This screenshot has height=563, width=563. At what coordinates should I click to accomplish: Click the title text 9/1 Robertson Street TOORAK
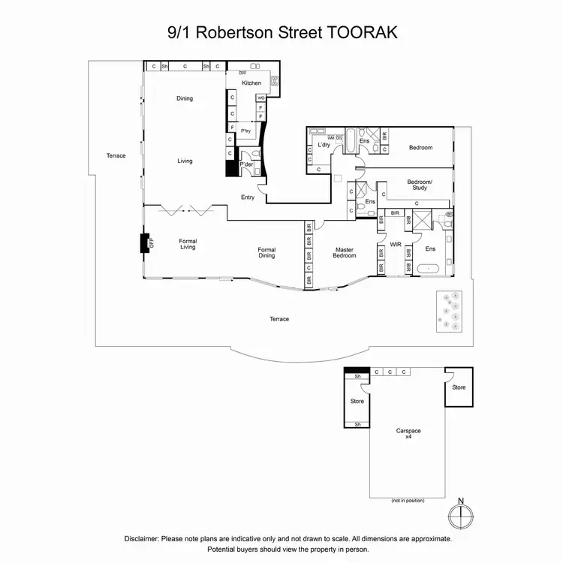pyautogui.click(x=281, y=33)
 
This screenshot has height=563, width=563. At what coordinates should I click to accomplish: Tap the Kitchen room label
pyautogui.click(x=251, y=83)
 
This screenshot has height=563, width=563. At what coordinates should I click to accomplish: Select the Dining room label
pyautogui.click(x=185, y=98)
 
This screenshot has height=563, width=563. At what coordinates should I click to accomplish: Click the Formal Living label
pyautogui.click(x=188, y=244)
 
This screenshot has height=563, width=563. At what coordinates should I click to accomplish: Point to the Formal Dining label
pyautogui.click(x=266, y=252)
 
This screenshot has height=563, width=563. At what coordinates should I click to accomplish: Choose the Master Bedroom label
pyautogui.click(x=345, y=252)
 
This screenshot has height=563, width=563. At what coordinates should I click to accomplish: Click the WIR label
pyautogui.click(x=396, y=245)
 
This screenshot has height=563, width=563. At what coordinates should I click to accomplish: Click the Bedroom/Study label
pyautogui.click(x=420, y=184)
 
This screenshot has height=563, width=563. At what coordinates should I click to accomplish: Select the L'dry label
pyautogui.click(x=324, y=145)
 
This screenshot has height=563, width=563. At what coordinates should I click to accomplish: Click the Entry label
pyautogui.click(x=248, y=197)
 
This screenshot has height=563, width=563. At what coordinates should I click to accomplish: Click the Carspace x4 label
pyautogui.click(x=408, y=434)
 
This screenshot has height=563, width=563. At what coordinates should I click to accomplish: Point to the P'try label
pyautogui.click(x=245, y=131)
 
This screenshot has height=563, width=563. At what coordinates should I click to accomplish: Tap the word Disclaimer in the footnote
pyautogui.click(x=146, y=538)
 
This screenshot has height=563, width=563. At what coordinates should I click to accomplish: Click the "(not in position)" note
pyautogui.click(x=408, y=500)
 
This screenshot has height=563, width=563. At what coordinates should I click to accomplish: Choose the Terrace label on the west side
pyautogui.click(x=116, y=155)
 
